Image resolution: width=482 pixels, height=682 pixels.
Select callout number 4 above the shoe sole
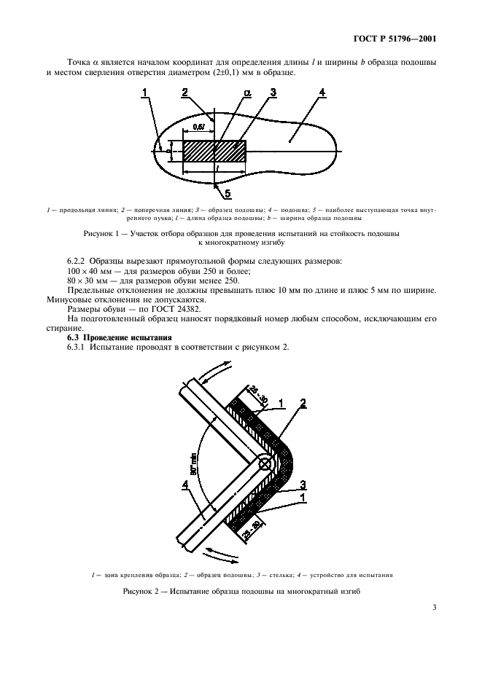click(322, 93)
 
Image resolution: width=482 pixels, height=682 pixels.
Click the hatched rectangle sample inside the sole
click(214, 151)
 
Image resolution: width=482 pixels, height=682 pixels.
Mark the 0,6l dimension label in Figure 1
click(198, 127)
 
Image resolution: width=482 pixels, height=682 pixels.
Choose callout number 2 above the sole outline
click(185, 93)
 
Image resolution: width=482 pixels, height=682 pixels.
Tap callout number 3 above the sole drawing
click(272, 93)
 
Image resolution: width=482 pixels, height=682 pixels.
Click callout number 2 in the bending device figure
click(302, 402)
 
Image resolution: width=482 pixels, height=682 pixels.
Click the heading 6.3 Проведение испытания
click(119, 337)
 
